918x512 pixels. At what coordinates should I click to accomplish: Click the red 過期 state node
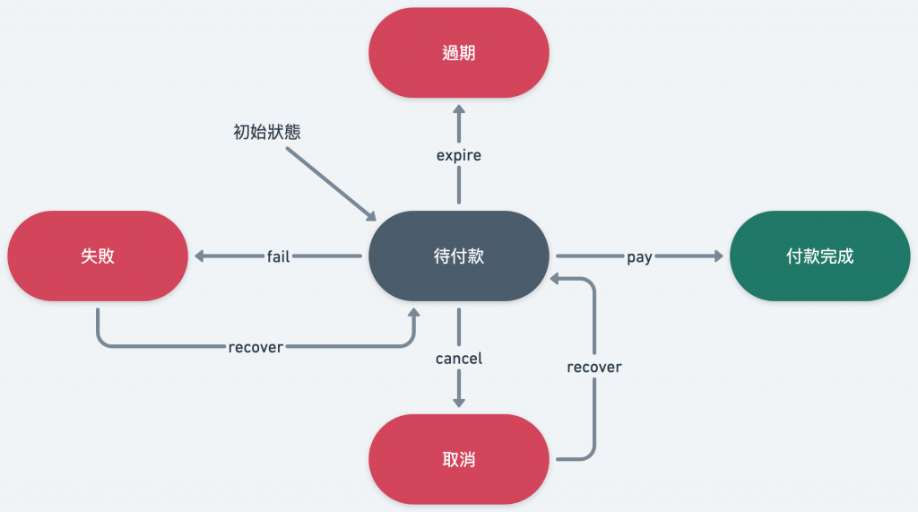(x=458, y=52)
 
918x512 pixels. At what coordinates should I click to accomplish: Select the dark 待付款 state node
(x=458, y=256)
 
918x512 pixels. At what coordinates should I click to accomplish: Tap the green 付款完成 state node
(x=819, y=256)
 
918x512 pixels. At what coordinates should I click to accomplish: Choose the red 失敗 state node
(x=98, y=256)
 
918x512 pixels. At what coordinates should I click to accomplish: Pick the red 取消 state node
(x=458, y=459)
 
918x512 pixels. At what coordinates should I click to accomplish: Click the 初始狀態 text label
(x=266, y=132)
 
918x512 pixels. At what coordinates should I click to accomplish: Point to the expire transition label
(x=459, y=155)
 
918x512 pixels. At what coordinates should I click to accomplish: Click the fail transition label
(x=278, y=256)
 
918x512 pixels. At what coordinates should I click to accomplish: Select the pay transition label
(x=639, y=256)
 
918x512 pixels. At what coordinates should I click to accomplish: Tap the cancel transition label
(x=459, y=359)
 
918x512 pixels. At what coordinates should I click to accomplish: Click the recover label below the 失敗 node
(x=255, y=347)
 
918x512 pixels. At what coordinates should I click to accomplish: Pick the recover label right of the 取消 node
(x=594, y=367)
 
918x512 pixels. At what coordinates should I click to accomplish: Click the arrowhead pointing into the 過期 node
(x=459, y=108)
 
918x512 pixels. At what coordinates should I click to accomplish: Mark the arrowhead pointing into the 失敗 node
(x=198, y=256)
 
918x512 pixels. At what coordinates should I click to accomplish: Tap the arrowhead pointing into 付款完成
(x=717, y=256)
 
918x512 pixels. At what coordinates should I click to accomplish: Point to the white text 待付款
(x=458, y=256)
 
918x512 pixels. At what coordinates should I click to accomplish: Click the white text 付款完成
(x=819, y=256)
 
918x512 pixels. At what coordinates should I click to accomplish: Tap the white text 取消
(x=458, y=460)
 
